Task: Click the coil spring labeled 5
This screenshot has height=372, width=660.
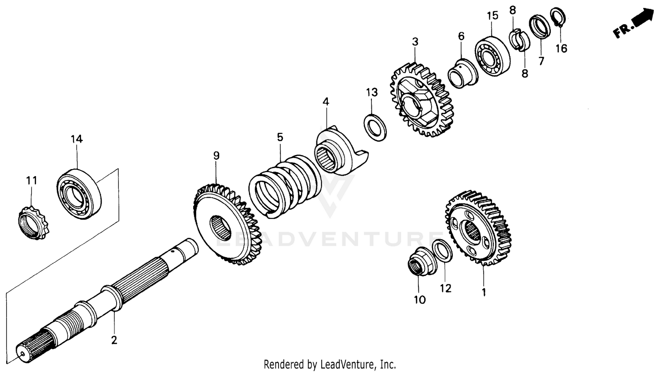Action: (282, 185)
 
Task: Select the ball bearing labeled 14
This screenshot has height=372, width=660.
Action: (79, 194)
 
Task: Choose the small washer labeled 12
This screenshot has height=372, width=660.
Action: (442, 251)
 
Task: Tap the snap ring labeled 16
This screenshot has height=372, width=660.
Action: (558, 17)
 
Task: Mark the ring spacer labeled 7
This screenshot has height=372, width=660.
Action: (539, 26)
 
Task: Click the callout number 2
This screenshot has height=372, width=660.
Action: (114, 340)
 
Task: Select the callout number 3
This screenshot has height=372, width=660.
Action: (415, 42)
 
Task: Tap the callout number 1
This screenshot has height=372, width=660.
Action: (484, 292)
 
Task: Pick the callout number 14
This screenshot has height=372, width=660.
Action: (77, 139)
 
